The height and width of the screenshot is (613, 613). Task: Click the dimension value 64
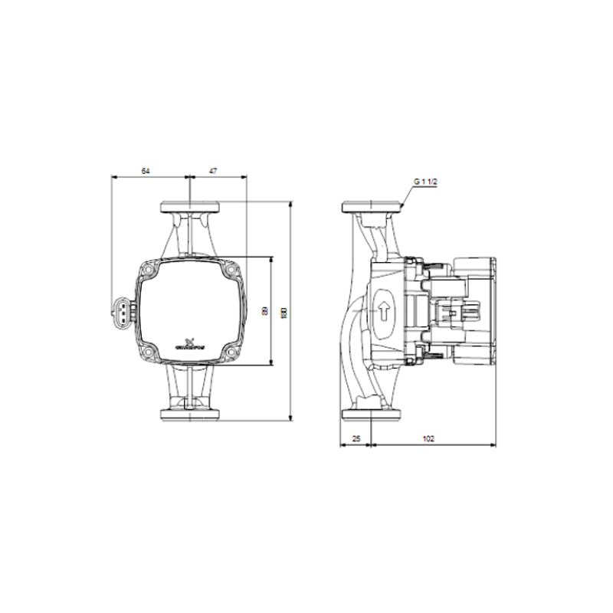[x=146, y=171]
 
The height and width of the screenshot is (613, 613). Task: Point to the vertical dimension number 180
[x=284, y=312]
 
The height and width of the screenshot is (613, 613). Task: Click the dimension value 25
[x=356, y=438]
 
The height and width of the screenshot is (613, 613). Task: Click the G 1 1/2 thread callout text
[x=425, y=181]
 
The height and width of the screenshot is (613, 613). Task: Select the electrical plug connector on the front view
[x=120, y=310]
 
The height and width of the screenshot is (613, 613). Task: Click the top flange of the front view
[x=189, y=208]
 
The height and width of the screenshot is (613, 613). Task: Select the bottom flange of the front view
[x=189, y=415]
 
